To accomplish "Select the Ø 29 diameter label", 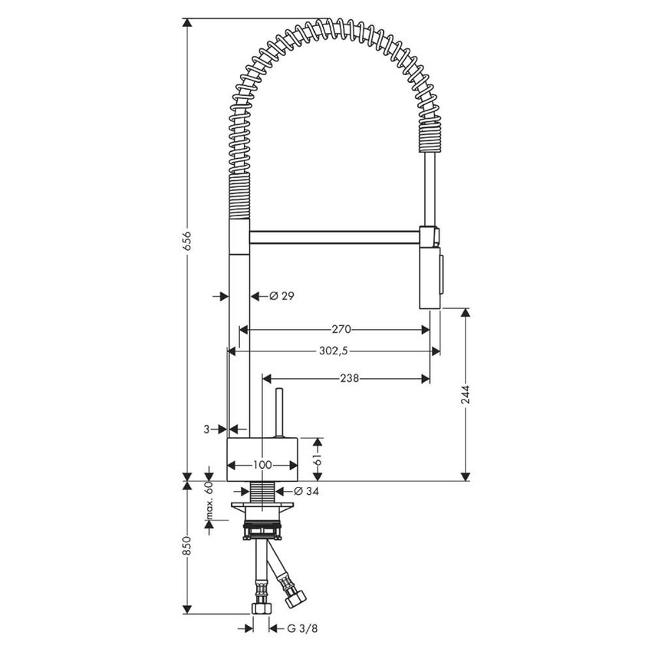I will point(282,295).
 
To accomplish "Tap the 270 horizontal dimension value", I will point(341,330).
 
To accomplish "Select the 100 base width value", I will point(262,465).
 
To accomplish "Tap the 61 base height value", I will point(315,459).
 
